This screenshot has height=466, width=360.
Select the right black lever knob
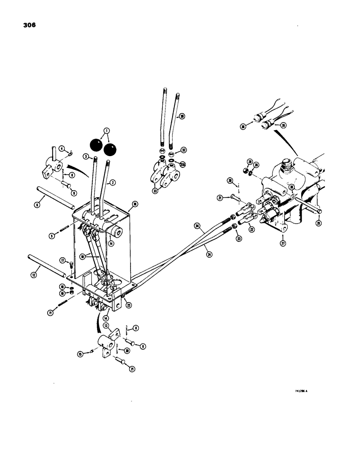coord(110,150)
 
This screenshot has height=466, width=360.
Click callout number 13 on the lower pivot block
coord(106,325)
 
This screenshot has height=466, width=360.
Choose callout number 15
coord(80,354)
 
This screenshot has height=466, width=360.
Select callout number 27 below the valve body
coord(283,243)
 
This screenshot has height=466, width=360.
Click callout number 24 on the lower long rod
coord(208,255)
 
